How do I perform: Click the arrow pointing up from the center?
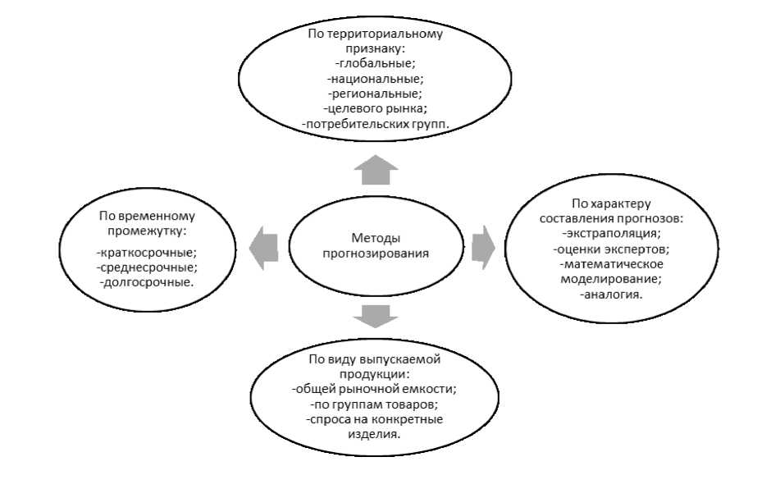[376, 172]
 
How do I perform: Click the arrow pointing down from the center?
[376, 313]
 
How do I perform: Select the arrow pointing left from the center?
[263, 246]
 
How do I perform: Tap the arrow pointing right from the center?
[484, 244]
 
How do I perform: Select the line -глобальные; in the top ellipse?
[376, 64]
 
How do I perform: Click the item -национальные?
[375, 79]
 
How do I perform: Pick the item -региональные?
[375, 94]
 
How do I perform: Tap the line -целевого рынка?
[375, 108]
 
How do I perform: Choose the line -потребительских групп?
[376, 123]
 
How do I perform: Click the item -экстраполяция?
[611, 234]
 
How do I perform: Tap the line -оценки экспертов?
[611, 249]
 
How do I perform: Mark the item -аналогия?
[611, 293]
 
